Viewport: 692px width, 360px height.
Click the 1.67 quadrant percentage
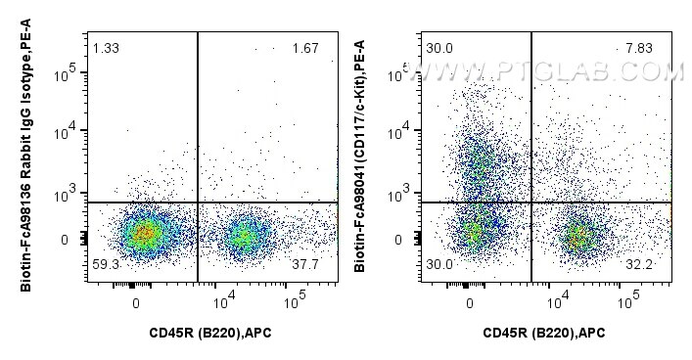(304, 49)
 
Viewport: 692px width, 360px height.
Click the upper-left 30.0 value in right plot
(438, 49)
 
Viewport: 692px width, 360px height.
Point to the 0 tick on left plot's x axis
(136, 302)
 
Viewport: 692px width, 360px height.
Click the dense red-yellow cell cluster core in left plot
(143, 234)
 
